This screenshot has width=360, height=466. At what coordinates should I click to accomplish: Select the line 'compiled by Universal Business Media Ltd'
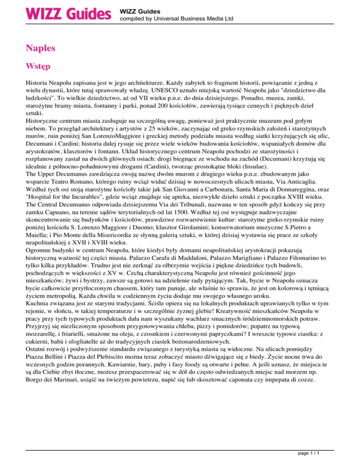[x=177, y=19]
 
